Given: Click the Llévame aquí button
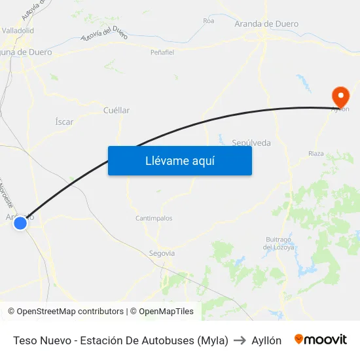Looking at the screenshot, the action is click(180, 160).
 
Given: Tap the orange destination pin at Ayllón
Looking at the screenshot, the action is click(340, 97).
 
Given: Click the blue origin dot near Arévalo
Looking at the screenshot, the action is click(20, 223).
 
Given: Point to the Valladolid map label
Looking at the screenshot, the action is click(18, 30).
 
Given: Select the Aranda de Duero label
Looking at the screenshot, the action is click(266, 24).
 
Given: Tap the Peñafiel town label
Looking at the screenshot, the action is click(162, 52).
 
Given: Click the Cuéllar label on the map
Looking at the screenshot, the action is click(117, 111).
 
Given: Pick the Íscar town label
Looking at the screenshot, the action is click(64, 122).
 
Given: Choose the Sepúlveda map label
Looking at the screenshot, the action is click(251, 143).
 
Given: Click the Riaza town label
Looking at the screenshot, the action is click(315, 154).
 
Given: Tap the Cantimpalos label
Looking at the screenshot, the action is click(154, 218).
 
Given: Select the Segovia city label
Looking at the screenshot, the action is click(162, 253).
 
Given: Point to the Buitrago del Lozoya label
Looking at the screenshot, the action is click(278, 243).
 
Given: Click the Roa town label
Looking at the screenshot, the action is click(209, 21).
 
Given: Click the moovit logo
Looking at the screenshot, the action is click(321, 340).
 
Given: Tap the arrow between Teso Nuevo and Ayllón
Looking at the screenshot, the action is click(240, 340).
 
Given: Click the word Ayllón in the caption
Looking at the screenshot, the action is click(266, 340).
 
